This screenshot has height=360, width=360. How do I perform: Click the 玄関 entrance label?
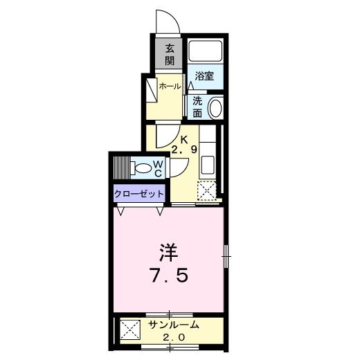tap(170, 55)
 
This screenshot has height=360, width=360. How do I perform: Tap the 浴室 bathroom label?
tap(204, 75)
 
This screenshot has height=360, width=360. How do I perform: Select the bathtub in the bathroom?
tap(205, 51)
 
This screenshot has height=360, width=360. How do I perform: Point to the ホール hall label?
tap(170, 87)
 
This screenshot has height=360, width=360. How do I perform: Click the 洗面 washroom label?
tap(197, 107)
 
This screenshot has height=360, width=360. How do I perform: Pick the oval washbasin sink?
tap(215, 108)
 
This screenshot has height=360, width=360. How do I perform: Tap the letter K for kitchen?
tap(183, 139)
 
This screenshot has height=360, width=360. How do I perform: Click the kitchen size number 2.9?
tap(183, 150)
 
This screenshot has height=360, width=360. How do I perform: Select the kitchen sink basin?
tap(208, 165)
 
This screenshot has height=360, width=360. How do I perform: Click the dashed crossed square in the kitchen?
tap(207, 190)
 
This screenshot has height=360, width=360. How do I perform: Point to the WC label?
tap(159, 168)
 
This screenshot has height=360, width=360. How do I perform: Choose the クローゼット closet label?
tap(139, 194)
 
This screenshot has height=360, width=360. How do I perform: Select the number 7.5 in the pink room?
tap(170, 276)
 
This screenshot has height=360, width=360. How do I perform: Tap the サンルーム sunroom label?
tap(174, 325)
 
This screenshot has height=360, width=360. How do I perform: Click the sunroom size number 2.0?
tap(174, 338)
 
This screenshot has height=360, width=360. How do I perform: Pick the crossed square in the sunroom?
tap(130, 330)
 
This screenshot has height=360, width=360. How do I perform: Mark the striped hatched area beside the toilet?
tap(122, 168)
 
